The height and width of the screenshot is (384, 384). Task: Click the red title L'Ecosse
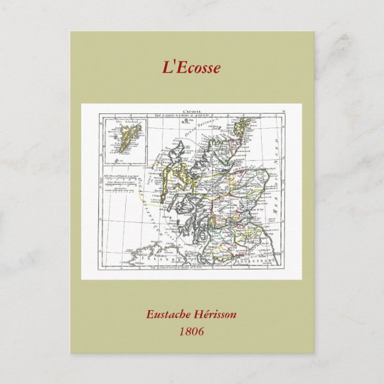[191, 67]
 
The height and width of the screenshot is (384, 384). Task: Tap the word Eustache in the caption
[170, 315]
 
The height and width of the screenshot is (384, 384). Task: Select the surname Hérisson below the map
[217, 315]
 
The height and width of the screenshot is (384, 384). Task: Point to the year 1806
[191, 330]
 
